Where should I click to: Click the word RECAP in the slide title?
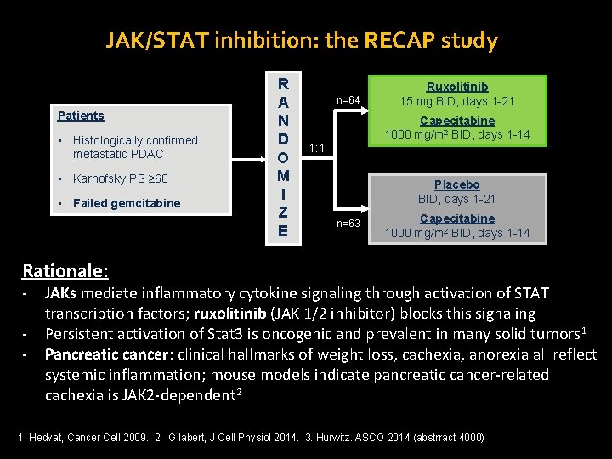(382, 40)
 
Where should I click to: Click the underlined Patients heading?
(80, 116)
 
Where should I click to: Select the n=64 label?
(348, 101)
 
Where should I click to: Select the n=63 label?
(348, 224)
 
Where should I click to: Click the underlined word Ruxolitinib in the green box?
(457, 87)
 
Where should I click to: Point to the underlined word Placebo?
(456, 184)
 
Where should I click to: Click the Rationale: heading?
(65, 271)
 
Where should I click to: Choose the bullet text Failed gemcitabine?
(127, 203)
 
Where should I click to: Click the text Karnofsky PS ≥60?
(121, 178)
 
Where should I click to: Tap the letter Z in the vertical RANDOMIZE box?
(283, 212)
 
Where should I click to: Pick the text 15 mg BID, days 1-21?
(457, 102)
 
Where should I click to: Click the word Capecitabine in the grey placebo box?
(456, 218)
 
